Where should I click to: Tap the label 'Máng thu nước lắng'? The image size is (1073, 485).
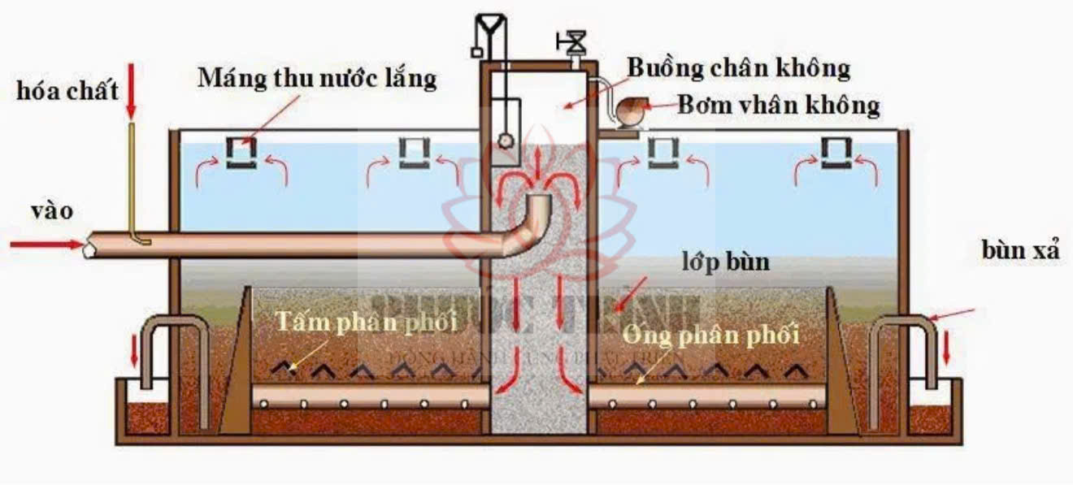coord(318,79)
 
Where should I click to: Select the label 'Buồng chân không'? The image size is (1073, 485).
coord(738,69)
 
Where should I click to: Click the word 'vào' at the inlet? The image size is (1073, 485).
coord(52,211)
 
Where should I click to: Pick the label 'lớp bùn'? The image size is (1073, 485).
coord(725,263)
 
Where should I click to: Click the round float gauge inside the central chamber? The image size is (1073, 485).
coord(507,140)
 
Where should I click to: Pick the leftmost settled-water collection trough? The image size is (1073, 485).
coord(241,153)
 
